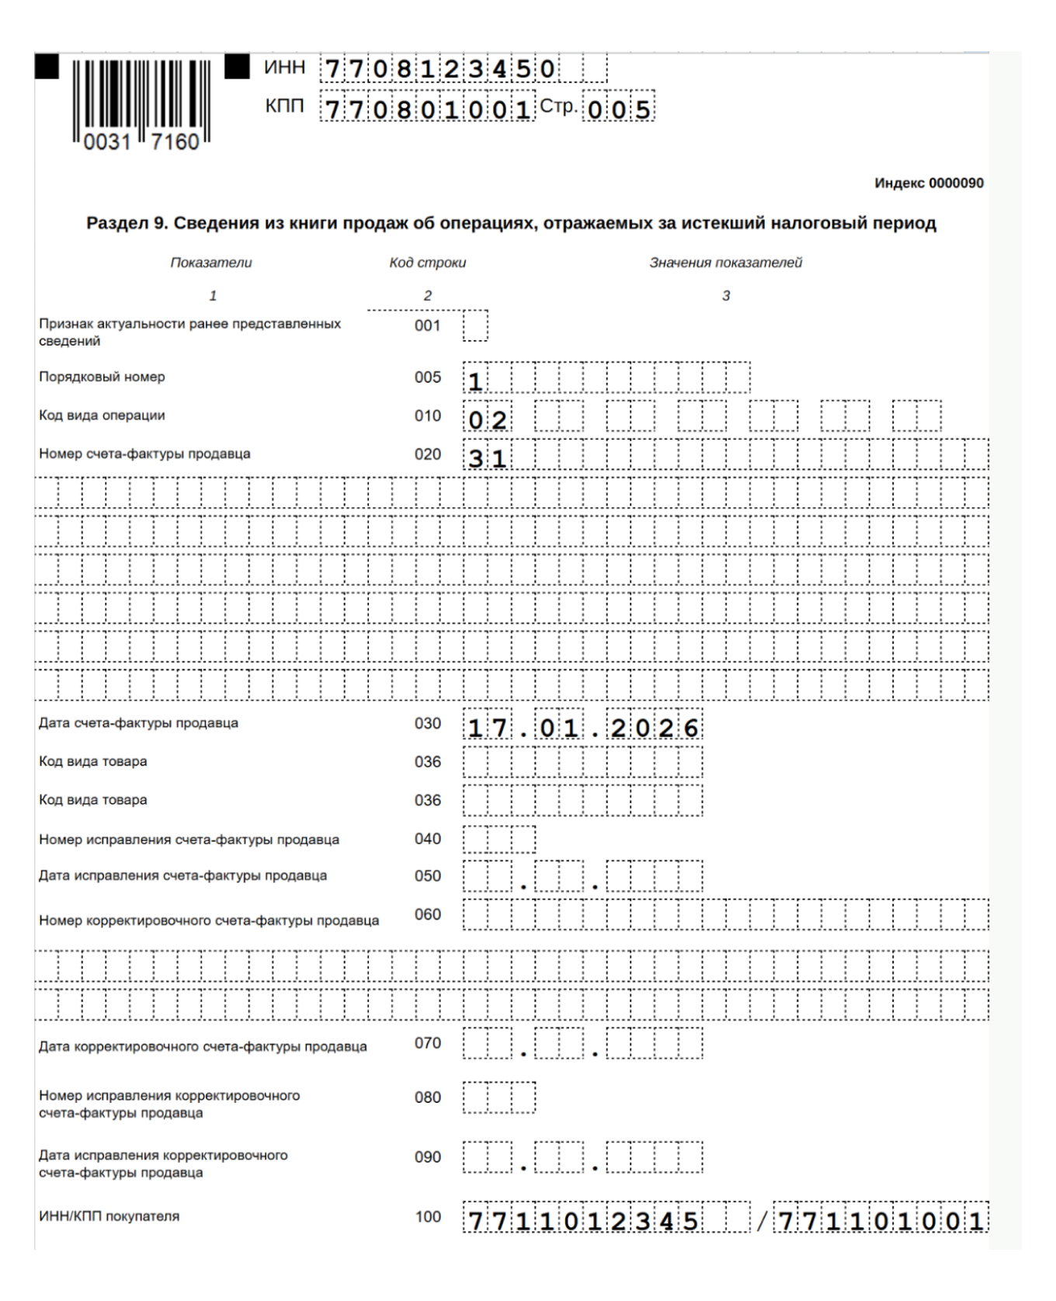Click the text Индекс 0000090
[929, 183]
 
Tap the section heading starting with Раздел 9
[511, 224]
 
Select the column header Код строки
[427, 263]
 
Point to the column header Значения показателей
[725, 263]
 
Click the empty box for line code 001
[475, 326]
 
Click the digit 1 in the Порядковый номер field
[476, 381]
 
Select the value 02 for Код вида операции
[488, 419]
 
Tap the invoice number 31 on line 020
[488, 458]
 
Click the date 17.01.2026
[582, 728]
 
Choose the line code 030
[427, 724]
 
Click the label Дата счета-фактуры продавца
[138, 723]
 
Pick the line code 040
[427, 839]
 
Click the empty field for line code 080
[498, 1098]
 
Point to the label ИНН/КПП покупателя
[109, 1216]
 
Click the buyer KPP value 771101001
[881, 1221]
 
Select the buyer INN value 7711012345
[582, 1221]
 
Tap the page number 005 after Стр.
[619, 109]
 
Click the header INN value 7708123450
[440, 69]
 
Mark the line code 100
[427, 1216]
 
